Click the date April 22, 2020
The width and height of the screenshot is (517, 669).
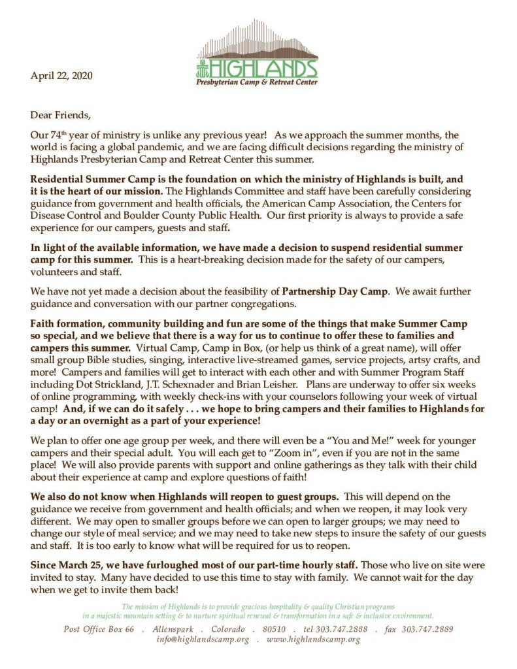point(61,76)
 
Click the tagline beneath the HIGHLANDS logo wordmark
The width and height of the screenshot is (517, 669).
point(258,82)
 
